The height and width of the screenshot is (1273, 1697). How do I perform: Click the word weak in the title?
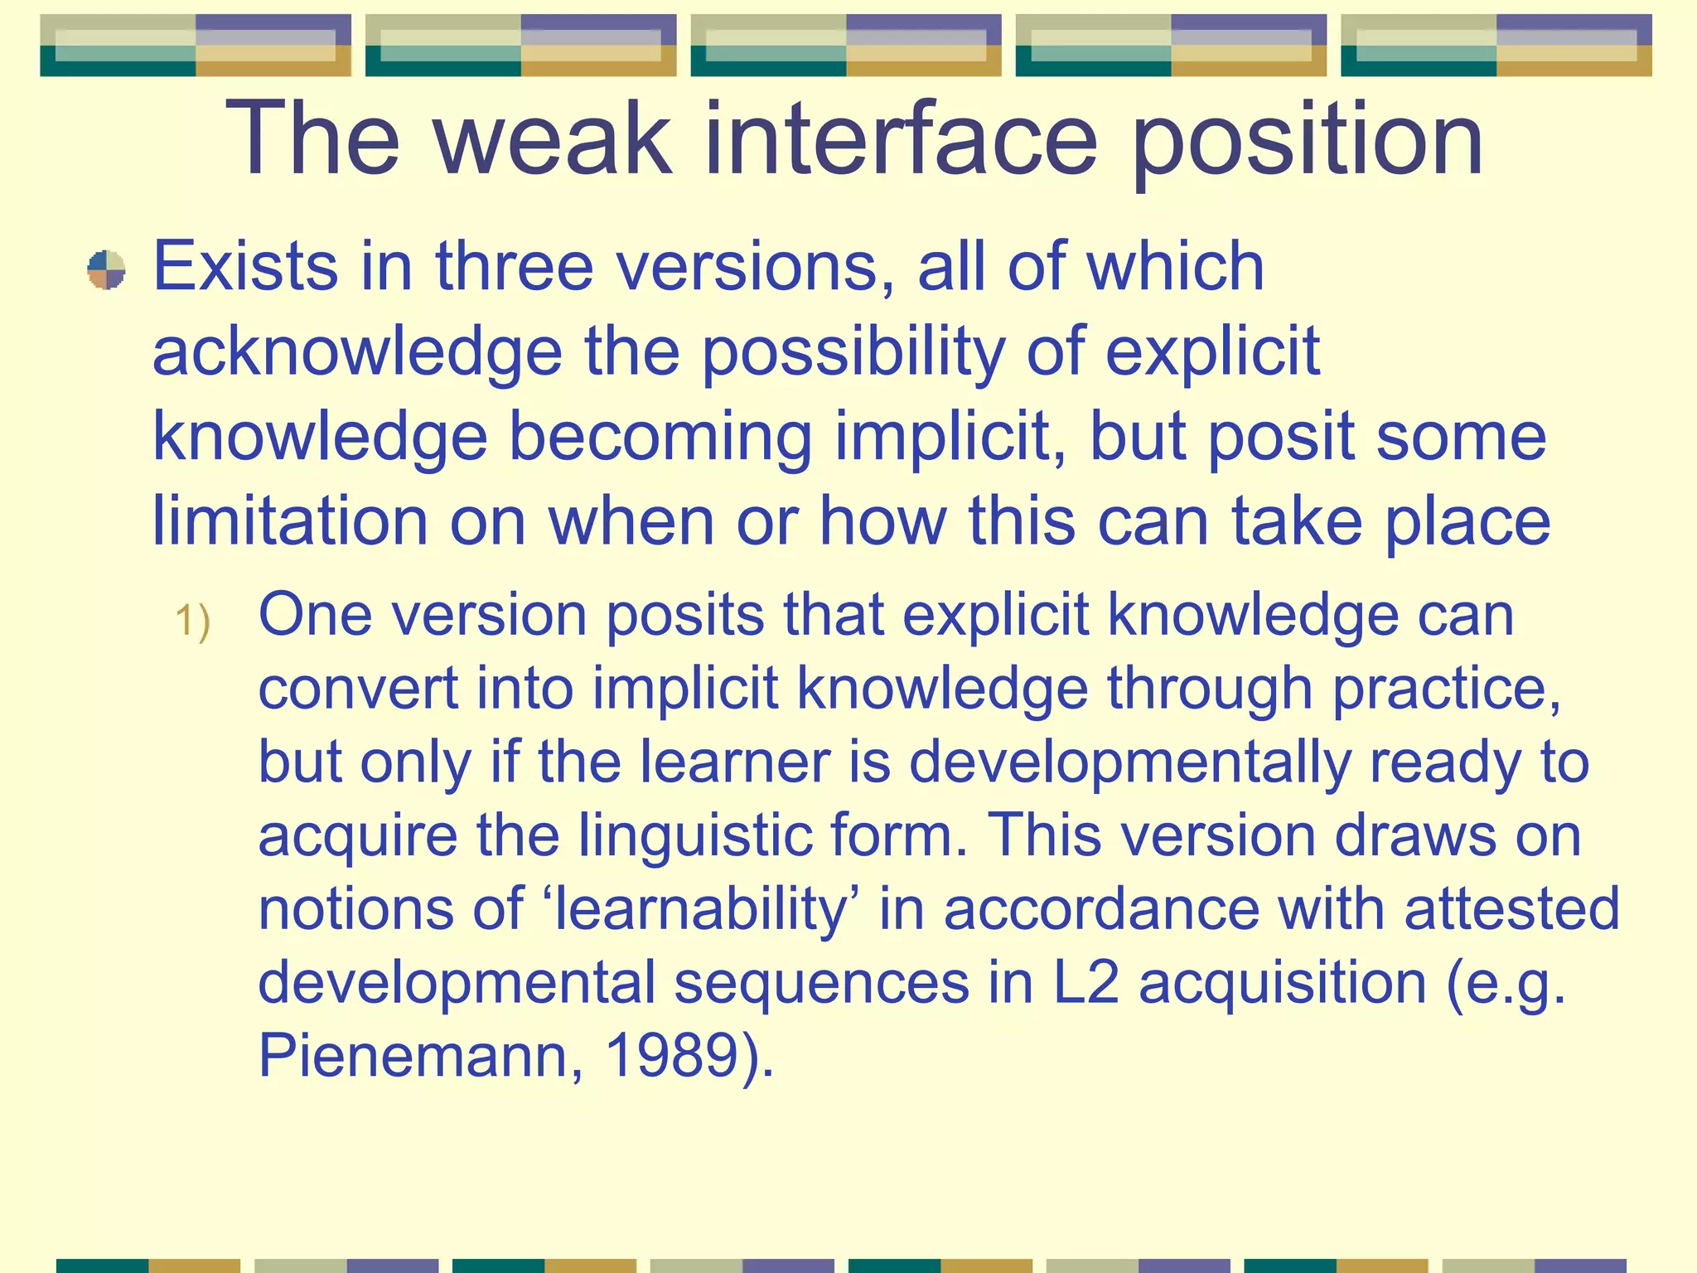(x=553, y=138)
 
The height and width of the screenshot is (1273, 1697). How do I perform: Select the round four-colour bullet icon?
(x=106, y=270)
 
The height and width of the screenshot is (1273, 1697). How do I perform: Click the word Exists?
(x=245, y=267)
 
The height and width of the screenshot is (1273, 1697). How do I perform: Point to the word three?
(x=514, y=267)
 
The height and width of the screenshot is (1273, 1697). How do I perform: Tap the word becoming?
(x=660, y=438)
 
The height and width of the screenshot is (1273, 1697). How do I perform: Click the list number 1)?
(x=192, y=621)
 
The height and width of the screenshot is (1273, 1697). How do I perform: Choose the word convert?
(x=357, y=689)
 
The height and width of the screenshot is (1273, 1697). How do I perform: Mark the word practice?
(x=1446, y=689)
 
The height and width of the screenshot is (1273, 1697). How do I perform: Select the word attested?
(x=1511, y=909)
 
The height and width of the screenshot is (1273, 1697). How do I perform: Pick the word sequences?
(x=821, y=983)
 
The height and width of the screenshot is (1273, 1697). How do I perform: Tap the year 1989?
(x=672, y=1056)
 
